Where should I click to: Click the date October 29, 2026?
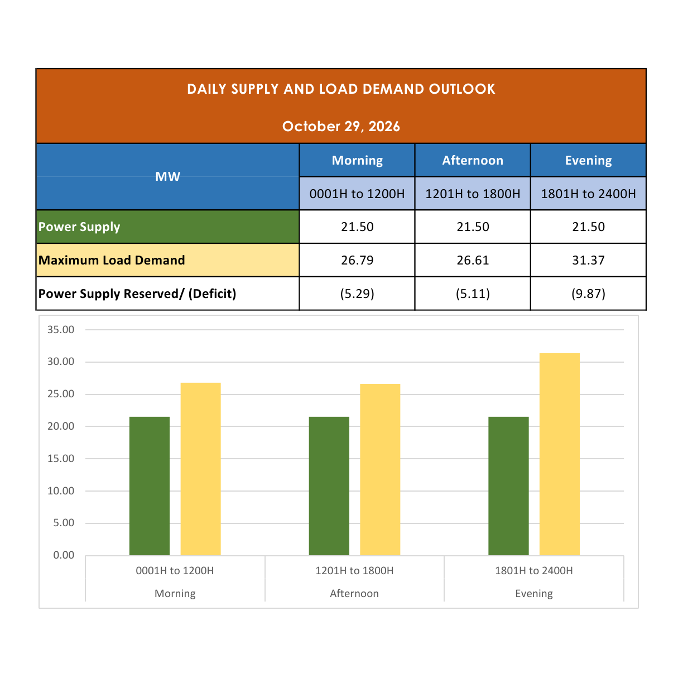[x=341, y=126]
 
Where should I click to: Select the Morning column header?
[x=357, y=161]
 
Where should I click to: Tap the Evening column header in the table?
[x=588, y=161]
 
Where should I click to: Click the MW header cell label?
[x=167, y=176]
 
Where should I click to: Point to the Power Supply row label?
[x=79, y=227]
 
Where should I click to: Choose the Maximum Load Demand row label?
[x=112, y=260]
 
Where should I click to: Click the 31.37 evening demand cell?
[x=588, y=260]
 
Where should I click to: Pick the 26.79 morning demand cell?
[x=357, y=260]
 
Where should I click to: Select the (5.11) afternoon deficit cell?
[x=473, y=294]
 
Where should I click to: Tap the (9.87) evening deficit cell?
[x=588, y=294]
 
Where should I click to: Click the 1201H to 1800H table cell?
[x=473, y=194]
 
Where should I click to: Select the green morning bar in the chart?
[x=150, y=486]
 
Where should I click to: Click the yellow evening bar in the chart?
[x=559, y=454]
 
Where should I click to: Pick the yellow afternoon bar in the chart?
[x=380, y=470]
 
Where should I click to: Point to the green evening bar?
[x=508, y=486]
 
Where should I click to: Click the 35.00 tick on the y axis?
[x=61, y=330]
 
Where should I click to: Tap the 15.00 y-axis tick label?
[x=61, y=459]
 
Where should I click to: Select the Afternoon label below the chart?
[x=354, y=593]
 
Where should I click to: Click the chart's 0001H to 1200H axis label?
[x=175, y=571]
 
